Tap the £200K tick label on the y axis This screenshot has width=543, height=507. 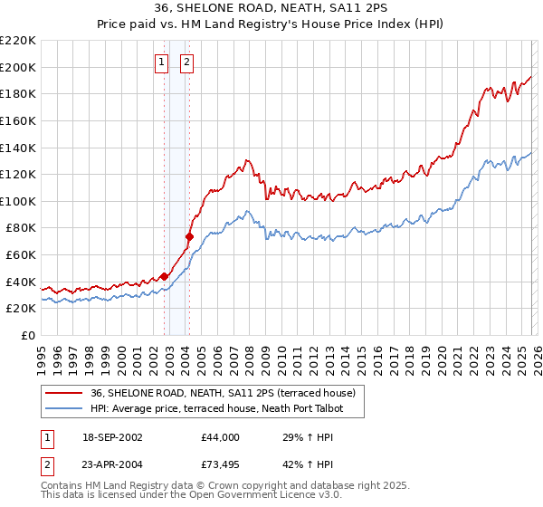pyautogui.click(x=18, y=67)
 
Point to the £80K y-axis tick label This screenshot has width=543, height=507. pyautogui.click(x=21, y=228)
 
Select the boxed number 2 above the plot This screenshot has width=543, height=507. pyautogui.click(x=186, y=62)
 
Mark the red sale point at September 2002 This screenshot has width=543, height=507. pyautogui.click(x=164, y=276)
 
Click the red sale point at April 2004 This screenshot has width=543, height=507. pyautogui.click(x=189, y=236)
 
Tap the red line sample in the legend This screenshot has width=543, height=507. pyautogui.click(x=64, y=393)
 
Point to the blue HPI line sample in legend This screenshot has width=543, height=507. pyautogui.click(x=64, y=409)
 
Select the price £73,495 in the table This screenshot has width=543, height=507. pyautogui.click(x=221, y=466)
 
